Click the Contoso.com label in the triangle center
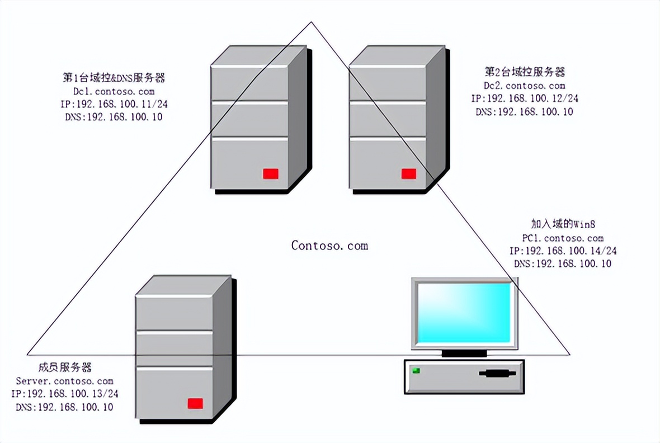(329, 245)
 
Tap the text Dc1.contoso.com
(113, 91)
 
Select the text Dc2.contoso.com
(524, 86)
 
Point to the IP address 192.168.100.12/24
(531, 98)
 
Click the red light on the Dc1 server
(271, 173)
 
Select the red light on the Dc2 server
(409, 173)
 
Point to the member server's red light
(195, 403)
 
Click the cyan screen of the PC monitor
(463, 312)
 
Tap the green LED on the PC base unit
(416, 370)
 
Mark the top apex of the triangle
(312, 22)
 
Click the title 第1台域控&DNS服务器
(114, 77)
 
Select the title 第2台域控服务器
(525, 72)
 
